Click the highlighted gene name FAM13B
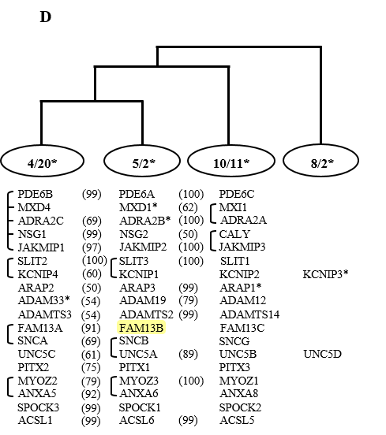(x=141, y=328)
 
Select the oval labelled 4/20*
(x=43, y=161)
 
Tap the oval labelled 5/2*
(x=142, y=161)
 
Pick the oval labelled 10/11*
(x=231, y=161)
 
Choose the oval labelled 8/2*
(x=321, y=161)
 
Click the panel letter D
(x=46, y=17)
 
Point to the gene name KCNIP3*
(x=325, y=274)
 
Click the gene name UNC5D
(x=322, y=354)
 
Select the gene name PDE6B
(x=35, y=194)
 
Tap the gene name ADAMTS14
(x=249, y=314)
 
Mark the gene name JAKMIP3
(x=242, y=247)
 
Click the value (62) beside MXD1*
(x=188, y=207)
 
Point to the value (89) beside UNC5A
(x=188, y=354)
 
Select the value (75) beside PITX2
(x=91, y=367)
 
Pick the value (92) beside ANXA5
(x=91, y=394)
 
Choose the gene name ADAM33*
(x=44, y=300)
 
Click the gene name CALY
(x=234, y=234)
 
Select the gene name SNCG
(x=234, y=341)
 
